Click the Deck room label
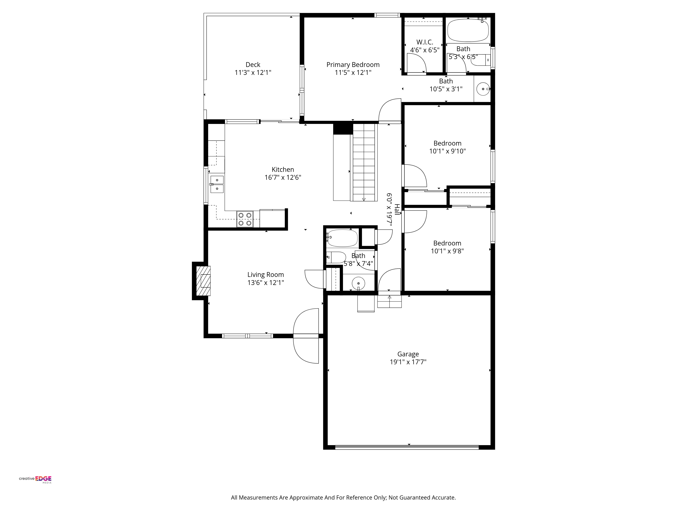[253, 65]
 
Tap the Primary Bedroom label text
[353, 65]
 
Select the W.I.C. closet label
[425, 42]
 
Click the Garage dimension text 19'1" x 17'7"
[408, 362]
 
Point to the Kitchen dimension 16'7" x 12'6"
[283, 178]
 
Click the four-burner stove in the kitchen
[245, 219]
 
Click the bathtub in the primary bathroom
[468, 30]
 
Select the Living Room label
[266, 275]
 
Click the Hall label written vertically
[397, 210]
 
